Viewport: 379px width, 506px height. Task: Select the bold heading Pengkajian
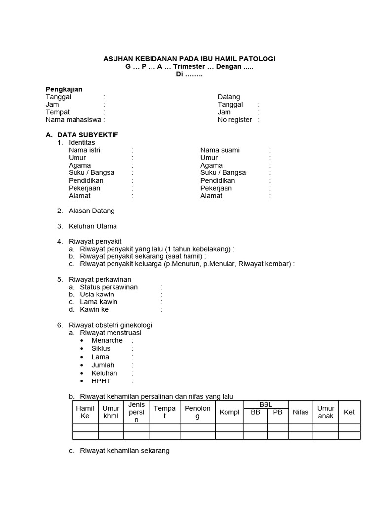coord(64,89)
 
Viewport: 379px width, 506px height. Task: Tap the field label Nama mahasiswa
coord(74,120)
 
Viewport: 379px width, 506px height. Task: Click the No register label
coord(235,120)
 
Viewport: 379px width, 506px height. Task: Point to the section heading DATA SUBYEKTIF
coord(87,135)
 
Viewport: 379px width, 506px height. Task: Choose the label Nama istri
coord(84,150)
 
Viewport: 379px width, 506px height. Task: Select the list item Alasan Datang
coord(91,211)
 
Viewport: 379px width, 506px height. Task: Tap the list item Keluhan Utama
coord(93,226)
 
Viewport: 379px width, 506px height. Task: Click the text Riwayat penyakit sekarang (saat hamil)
coord(142,256)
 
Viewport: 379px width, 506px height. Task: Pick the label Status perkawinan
coord(109,287)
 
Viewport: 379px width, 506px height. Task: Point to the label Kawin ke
coord(94,310)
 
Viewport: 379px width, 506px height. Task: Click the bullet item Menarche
coord(107,341)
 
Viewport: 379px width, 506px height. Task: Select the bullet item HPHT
coord(101,381)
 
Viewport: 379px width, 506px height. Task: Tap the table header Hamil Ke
coord(85,412)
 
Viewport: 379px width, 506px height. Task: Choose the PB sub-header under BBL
coord(278,412)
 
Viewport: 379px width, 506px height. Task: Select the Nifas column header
coord(301,412)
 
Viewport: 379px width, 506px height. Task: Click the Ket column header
coord(349,412)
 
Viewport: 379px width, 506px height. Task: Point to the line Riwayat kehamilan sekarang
coord(125,451)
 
